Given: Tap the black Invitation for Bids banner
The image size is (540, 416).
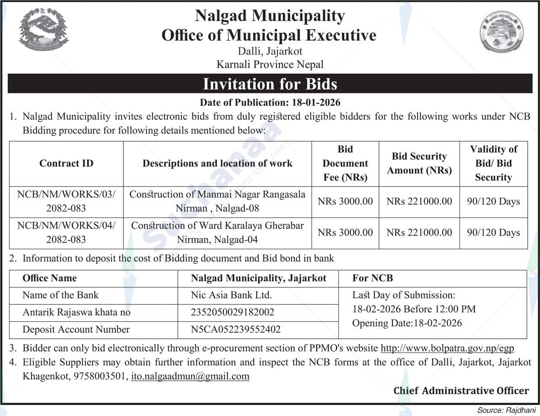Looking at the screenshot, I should coord(270,84).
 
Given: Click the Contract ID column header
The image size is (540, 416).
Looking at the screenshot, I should coord(66,164).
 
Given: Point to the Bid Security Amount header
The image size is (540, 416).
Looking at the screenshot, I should coord(419,164).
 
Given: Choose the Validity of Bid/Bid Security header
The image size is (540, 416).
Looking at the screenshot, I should coord(493,164).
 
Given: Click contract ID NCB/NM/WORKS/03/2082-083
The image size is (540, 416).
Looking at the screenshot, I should coord(66,202).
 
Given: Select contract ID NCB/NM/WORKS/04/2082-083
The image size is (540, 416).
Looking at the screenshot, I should coord(66,233).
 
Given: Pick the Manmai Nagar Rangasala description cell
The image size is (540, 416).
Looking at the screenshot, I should coord(217,202).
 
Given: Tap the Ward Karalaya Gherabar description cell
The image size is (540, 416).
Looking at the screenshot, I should coord(217,233).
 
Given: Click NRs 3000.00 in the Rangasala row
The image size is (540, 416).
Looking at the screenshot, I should coord(345,202).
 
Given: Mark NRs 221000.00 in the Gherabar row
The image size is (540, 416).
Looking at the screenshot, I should coord(419,233).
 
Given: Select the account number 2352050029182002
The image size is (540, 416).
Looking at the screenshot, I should coord(233,313).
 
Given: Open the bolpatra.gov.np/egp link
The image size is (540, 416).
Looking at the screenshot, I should coord(447,348).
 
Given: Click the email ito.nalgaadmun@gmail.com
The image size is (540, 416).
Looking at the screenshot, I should coord(190,377).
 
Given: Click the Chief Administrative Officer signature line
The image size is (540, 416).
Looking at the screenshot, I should coord(461,391).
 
